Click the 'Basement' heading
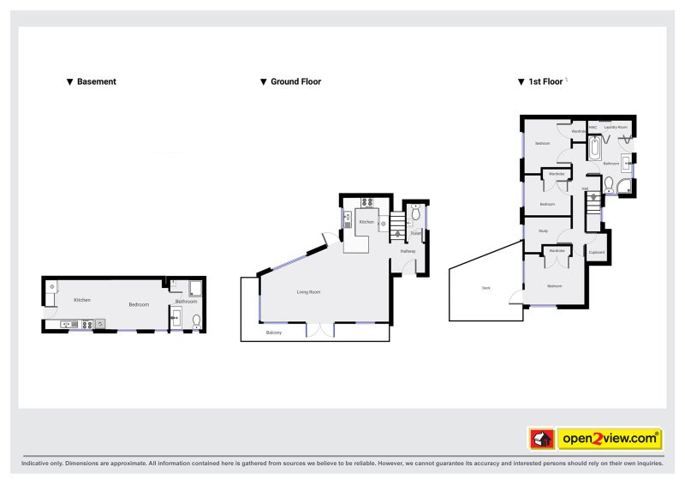[96, 82]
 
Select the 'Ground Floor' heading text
[295, 82]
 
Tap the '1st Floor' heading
[545, 82]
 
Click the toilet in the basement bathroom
[197, 320]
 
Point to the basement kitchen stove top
[86, 324]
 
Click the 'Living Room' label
[308, 293]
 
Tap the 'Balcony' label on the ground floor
[274, 332]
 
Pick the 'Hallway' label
[408, 251]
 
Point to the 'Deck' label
[486, 289]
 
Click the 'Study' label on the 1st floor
[543, 231]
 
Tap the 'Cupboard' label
[597, 252]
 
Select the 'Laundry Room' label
[616, 127]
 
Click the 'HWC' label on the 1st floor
[593, 127]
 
